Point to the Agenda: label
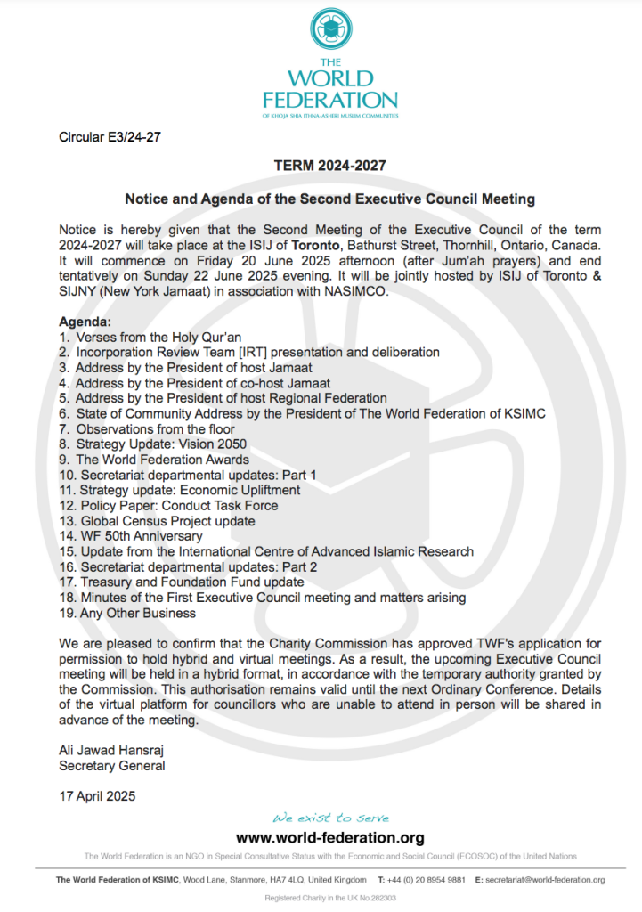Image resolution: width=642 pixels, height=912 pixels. [85, 321]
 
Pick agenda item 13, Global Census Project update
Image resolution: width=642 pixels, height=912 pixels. [157, 521]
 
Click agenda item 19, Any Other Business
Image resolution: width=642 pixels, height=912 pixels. [127, 613]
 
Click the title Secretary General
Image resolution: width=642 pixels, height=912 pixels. [111, 766]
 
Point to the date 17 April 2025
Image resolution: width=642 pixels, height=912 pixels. [97, 796]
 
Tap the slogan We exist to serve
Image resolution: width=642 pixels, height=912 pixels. [330, 818]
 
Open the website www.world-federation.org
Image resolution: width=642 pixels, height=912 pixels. [329, 838]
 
